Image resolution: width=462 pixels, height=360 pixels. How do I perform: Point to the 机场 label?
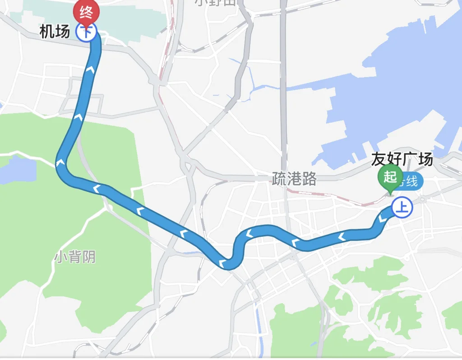click(55, 32)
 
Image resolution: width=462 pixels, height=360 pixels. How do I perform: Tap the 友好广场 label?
click(402, 159)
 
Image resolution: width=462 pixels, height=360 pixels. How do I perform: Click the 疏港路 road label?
click(294, 179)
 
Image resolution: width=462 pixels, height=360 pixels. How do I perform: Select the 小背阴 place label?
click(75, 257)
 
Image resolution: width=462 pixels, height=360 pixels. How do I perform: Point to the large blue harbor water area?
click(406, 81)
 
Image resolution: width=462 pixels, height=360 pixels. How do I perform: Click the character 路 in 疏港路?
click(309, 179)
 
